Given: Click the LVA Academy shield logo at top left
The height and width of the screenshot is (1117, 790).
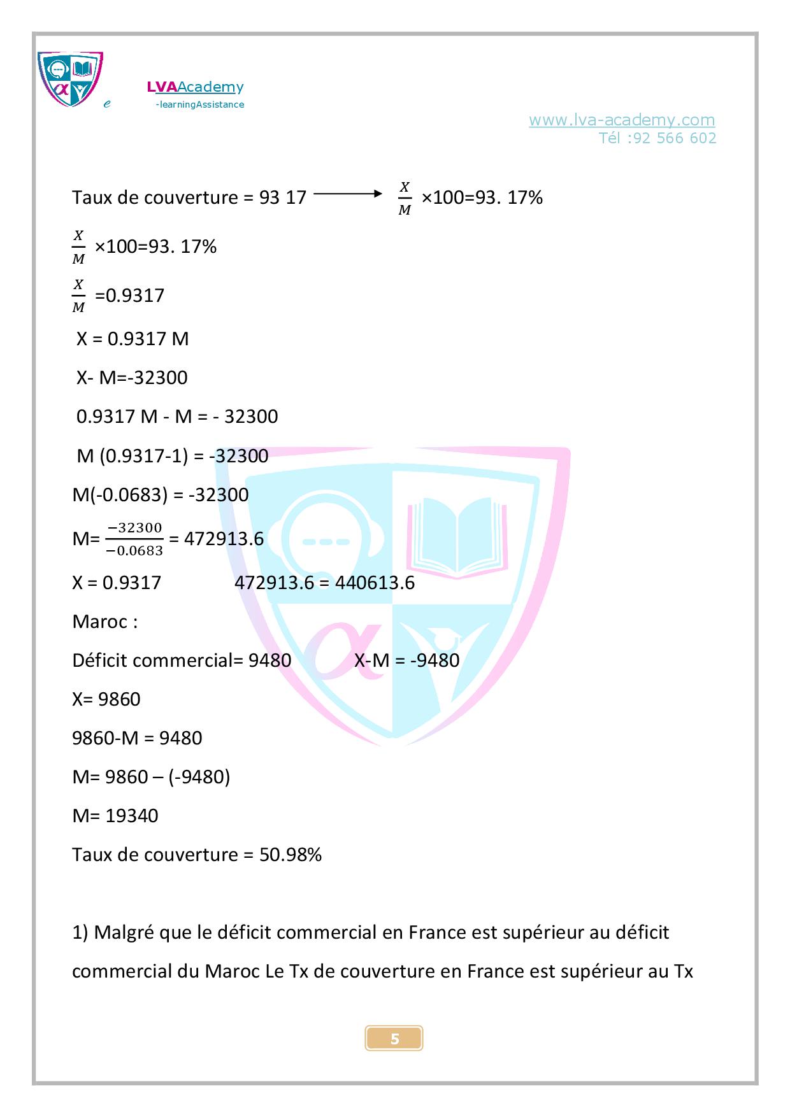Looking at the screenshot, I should tap(70, 79).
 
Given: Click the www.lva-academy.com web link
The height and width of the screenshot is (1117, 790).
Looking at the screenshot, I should tap(621, 120).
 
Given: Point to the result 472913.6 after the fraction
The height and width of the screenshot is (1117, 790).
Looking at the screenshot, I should tap(224, 539).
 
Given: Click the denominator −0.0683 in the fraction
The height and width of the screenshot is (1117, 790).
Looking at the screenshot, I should tap(134, 551).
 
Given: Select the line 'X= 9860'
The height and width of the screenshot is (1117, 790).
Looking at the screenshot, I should tap(106, 699).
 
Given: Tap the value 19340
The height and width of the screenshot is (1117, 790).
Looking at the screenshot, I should tap(132, 816).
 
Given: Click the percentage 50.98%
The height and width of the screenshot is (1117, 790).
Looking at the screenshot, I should tap(290, 855).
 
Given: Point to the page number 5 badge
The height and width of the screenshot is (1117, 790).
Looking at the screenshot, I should tap(394, 1039).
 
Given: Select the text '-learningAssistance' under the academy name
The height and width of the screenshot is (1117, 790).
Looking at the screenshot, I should tap(200, 104).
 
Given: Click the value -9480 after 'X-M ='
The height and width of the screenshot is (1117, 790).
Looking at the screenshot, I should tap(434, 660).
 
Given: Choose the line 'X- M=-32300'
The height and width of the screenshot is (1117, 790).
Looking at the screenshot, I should tap(132, 378).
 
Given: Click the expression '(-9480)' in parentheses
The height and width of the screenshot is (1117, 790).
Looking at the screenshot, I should tap(199, 777).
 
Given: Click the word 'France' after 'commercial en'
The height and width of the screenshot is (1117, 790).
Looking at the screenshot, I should tap(437, 933).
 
